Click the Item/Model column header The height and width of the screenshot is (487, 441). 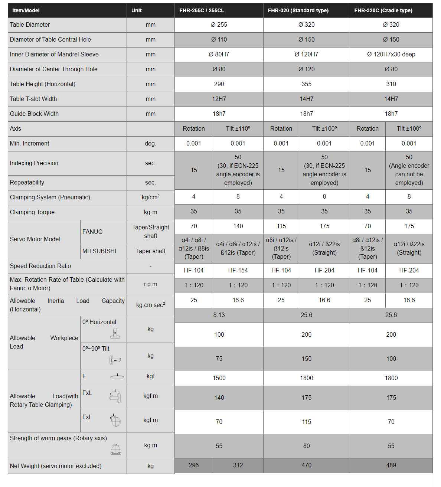pyautogui.click(x=26, y=10)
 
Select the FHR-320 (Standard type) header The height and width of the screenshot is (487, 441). pyautogui.click(x=298, y=10)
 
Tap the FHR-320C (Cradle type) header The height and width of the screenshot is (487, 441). pyautogui.click(x=383, y=10)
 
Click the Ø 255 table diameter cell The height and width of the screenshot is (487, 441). pyautogui.click(x=219, y=25)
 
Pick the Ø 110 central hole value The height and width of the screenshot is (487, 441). pyautogui.click(x=219, y=40)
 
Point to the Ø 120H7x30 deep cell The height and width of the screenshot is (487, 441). pyautogui.click(x=391, y=55)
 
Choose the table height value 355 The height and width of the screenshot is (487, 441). pyautogui.click(x=306, y=84)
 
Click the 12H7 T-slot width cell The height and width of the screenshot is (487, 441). pyautogui.click(x=219, y=99)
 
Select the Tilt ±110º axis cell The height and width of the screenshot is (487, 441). pyautogui.click(x=238, y=129)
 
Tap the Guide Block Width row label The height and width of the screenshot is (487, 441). pyautogui.click(x=34, y=114)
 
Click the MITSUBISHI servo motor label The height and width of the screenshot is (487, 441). pyautogui.click(x=99, y=251)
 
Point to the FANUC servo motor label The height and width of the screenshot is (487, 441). pyautogui.click(x=92, y=232)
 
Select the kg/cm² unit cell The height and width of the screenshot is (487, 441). pyautogui.click(x=150, y=197)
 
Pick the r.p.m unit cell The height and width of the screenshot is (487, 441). pyautogui.click(x=150, y=284)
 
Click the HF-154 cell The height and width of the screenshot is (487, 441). pyautogui.click(x=238, y=271)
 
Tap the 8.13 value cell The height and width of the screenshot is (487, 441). pyautogui.click(x=219, y=315)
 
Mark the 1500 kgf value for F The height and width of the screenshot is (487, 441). pyautogui.click(x=219, y=378)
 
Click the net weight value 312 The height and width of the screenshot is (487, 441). pyautogui.click(x=238, y=465)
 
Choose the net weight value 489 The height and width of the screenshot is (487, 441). pyautogui.click(x=391, y=465)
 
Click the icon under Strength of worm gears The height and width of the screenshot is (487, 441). pyautogui.click(x=116, y=450)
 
